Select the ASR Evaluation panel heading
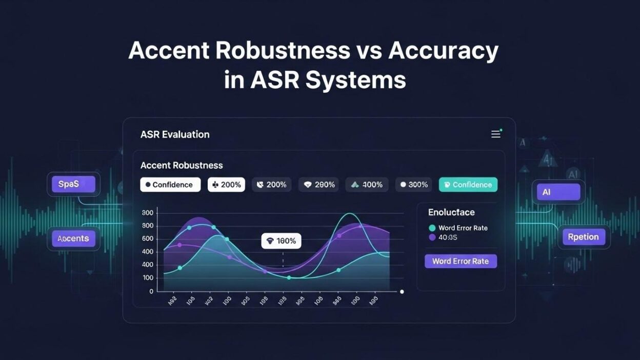pos(175,134)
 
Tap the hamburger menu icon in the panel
pos(495,134)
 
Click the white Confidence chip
pos(170,185)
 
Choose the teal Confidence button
pos(468,185)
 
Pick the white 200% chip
pos(226,185)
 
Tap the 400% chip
pos(367,185)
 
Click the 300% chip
pos(414,185)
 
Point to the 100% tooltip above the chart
pos(281,241)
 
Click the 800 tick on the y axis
pos(148,226)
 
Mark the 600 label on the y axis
pos(148,238)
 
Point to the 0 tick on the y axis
pos(151,291)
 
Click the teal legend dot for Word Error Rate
pos(432,228)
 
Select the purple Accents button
pos(73,238)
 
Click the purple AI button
pos(556,192)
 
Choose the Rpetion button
pos(584,237)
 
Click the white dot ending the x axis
pos(402,291)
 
